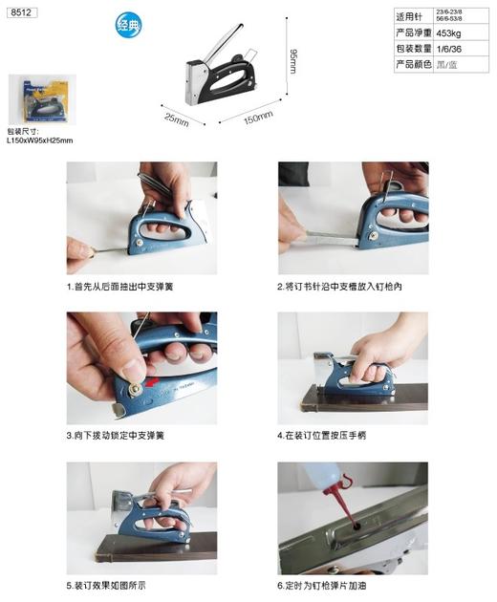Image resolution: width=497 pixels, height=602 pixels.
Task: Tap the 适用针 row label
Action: click(414, 17)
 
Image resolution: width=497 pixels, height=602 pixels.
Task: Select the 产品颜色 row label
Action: click(414, 64)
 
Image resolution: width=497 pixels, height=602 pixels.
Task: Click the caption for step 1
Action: click(119, 286)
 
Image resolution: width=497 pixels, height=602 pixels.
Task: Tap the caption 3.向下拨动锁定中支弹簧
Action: click(116, 436)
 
